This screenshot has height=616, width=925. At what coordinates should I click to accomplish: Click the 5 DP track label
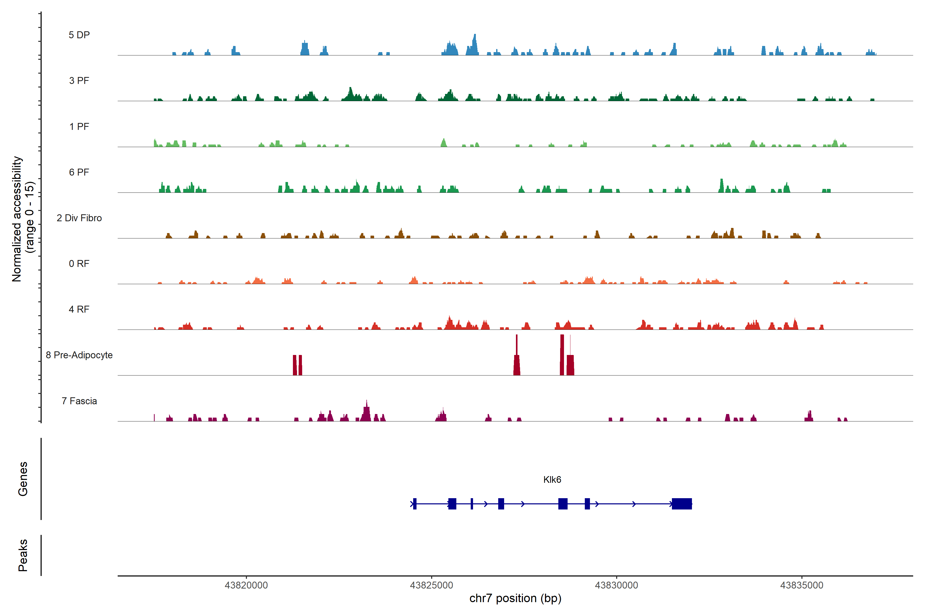pyautogui.click(x=79, y=35)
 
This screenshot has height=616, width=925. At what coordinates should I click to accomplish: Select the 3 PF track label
pyautogui.click(x=79, y=81)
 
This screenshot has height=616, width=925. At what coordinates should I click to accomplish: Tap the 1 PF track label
pyautogui.click(x=79, y=127)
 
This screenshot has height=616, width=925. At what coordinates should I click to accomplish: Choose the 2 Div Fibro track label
pyautogui.click(x=79, y=218)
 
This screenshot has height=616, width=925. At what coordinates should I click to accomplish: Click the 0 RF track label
pyautogui.click(x=79, y=264)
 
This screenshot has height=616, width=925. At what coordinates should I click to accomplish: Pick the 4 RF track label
pyautogui.click(x=79, y=309)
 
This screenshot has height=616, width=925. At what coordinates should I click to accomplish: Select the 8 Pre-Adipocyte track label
pyautogui.click(x=79, y=355)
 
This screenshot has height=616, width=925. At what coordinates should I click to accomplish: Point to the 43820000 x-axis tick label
pyautogui.click(x=246, y=585)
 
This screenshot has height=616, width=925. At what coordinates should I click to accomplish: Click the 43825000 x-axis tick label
pyautogui.click(x=431, y=585)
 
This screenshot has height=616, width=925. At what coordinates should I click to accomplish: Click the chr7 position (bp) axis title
pyautogui.click(x=515, y=598)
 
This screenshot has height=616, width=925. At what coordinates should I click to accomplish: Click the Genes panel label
pyautogui.click(x=23, y=479)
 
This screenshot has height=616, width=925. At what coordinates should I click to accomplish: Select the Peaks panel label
pyautogui.click(x=23, y=555)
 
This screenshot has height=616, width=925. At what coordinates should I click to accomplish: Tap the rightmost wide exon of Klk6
pyautogui.click(x=682, y=504)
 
